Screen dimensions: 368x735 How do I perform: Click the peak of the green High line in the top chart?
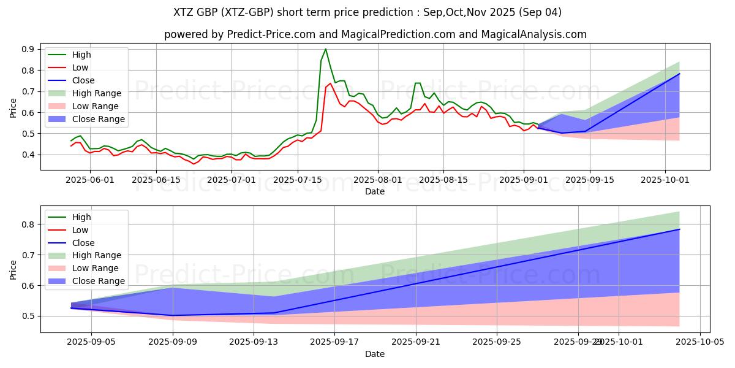click(325, 49)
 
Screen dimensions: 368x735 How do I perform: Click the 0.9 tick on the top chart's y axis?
click(28, 49)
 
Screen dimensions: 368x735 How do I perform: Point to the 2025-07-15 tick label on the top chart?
click(297, 180)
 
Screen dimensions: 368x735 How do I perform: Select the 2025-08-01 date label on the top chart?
click(378, 180)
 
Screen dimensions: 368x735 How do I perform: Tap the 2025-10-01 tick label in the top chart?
click(666, 180)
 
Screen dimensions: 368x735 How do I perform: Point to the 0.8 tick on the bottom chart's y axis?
click(28, 224)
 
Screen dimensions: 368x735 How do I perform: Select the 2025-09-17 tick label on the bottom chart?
click(334, 343)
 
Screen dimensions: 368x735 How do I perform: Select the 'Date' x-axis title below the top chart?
click(375, 191)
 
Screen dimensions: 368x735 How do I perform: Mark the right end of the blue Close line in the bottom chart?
click(679, 229)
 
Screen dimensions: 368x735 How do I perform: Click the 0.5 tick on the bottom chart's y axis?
click(28, 316)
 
